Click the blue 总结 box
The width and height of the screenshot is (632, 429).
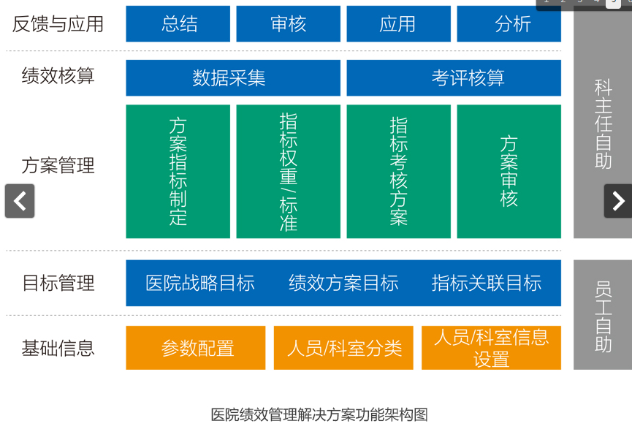(178, 24)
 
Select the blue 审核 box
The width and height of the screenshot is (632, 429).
(288, 24)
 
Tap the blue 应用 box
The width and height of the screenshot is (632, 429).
(399, 24)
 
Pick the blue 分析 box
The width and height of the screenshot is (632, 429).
(509, 24)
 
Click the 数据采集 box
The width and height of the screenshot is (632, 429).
(233, 77)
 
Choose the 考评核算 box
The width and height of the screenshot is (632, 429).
(454, 77)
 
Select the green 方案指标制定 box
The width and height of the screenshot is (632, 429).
(178, 171)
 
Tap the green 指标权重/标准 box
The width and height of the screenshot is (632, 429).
(288, 171)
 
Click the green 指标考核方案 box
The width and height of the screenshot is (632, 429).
(399, 171)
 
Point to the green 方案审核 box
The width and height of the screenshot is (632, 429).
(509, 171)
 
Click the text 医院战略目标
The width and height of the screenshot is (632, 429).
(200, 283)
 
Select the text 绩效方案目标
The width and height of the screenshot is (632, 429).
(343, 283)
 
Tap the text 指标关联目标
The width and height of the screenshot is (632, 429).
(487, 283)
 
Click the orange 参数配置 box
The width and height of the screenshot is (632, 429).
(196, 348)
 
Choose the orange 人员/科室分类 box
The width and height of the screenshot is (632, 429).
(343, 348)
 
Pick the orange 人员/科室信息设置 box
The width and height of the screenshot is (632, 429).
(491, 348)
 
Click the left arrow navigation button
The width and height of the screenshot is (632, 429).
(20, 201)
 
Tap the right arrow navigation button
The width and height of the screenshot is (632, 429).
(618, 201)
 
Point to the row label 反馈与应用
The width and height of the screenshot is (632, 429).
(58, 24)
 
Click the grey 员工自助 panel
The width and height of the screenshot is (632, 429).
(603, 315)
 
